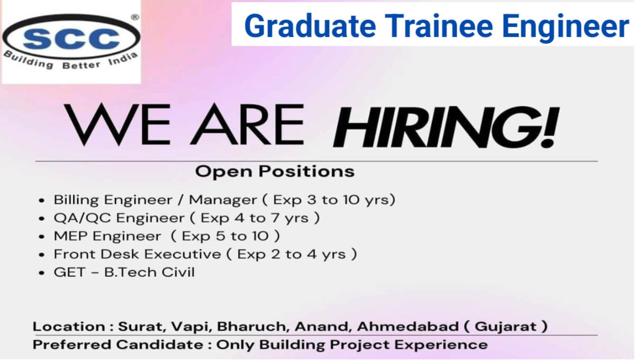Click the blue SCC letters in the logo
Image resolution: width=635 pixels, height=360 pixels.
coord(71,39)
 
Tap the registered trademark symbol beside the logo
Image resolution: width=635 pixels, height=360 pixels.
coord(135,17)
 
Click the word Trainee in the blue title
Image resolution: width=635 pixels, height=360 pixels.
coord(439,26)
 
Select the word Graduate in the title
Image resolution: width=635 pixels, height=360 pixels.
coord(310,26)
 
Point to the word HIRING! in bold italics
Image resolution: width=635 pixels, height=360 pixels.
coord(446,128)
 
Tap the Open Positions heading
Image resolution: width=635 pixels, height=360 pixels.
coord(275,172)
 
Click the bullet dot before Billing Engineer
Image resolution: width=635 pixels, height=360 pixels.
coord(42,201)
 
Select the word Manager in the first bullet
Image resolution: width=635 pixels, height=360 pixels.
coord(223,200)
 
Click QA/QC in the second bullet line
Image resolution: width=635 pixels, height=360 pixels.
coord(82,218)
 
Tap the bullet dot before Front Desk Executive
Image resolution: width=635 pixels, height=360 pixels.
coord(42,255)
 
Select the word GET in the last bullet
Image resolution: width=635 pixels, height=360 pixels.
coord(69,272)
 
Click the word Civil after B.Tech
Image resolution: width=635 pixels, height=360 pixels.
coord(178,272)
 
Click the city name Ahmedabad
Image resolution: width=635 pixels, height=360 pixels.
coord(407,327)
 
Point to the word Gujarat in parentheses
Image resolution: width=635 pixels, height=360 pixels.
coord(506,327)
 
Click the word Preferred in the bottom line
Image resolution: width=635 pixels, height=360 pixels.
coord(72,345)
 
